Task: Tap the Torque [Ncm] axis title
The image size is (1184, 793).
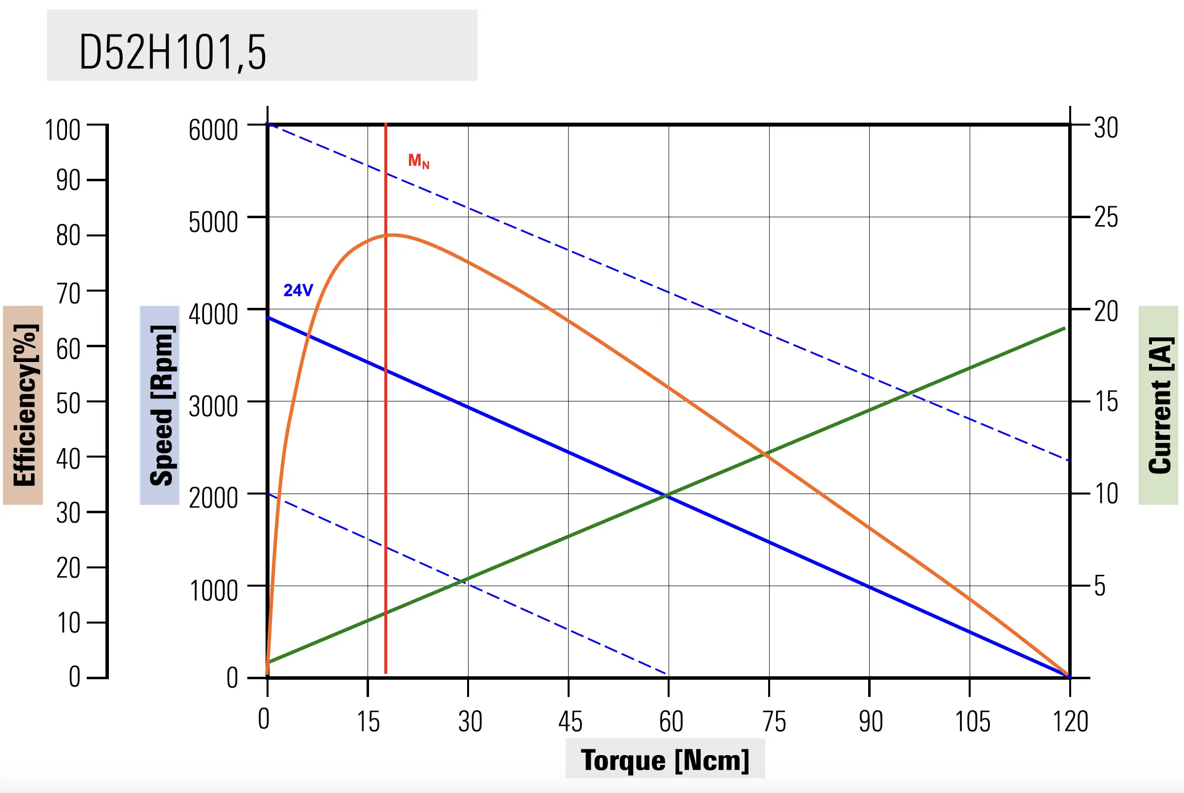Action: [665, 760]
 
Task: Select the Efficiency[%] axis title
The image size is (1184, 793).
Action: [24, 405]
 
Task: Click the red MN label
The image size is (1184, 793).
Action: [419, 162]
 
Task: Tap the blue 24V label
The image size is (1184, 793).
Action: [298, 290]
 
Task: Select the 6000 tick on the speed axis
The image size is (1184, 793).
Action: [213, 130]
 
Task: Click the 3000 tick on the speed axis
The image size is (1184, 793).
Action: [213, 407]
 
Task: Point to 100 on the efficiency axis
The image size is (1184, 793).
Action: [63, 130]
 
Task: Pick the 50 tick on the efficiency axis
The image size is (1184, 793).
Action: [68, 404]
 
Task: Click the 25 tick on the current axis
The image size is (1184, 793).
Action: [1106, 218]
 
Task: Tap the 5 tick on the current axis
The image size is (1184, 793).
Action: [1100, 586]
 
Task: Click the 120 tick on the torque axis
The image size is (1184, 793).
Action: [1070, 722]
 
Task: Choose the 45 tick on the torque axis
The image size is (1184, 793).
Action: [571, 722]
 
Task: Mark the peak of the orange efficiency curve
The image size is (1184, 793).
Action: [393, 234]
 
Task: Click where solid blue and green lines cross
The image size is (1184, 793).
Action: [668, 496]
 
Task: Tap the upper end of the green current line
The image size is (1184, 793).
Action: [1065, 328]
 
